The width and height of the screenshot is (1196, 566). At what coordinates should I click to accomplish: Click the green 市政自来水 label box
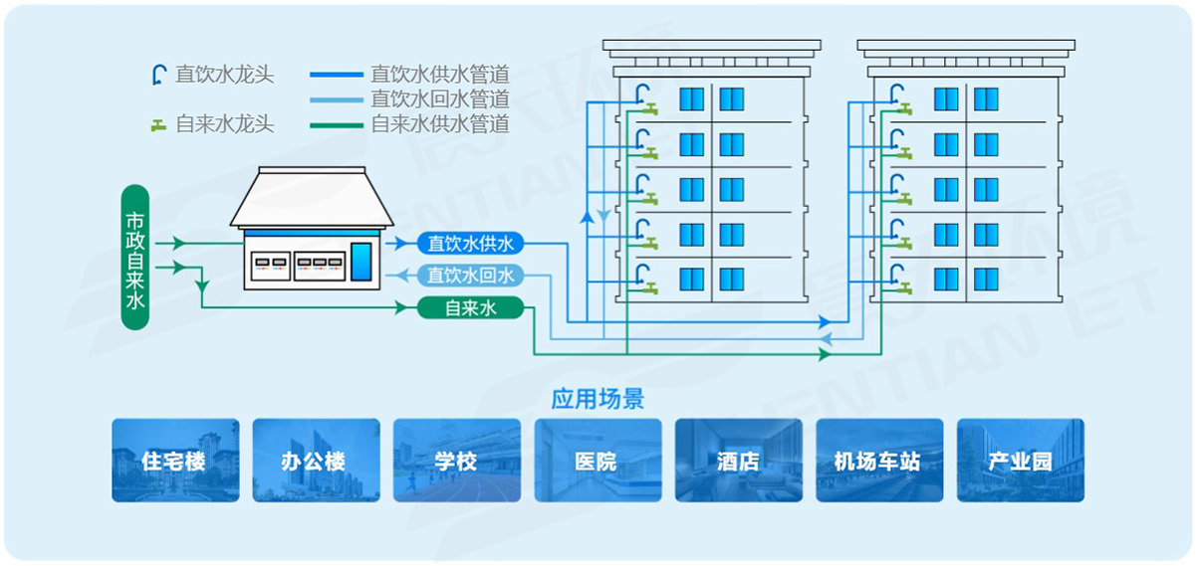tap(134, 258)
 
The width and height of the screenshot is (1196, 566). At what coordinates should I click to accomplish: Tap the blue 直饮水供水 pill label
tap(470, 243)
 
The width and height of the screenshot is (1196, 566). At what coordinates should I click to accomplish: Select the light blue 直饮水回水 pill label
tap(470, 276)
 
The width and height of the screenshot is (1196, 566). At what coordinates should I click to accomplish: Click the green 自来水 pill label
tap(470, 308)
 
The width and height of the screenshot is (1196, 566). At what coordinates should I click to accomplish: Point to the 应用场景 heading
tap(598, 400)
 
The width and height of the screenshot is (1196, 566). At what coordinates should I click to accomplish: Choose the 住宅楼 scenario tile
tap(175, 461)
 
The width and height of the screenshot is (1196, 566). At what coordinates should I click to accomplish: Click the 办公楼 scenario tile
tap(316, 461)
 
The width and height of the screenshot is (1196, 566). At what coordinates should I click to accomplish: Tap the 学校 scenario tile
tap(456, 461)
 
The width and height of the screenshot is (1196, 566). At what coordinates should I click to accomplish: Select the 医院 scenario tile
tap(598, 461)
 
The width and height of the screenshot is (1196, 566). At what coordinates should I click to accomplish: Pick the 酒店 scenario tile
tap(738, 461)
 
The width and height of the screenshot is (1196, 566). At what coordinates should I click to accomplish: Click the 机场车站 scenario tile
tap(878, 461)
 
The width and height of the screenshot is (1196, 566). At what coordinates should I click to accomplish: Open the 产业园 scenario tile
tap(1020, 461)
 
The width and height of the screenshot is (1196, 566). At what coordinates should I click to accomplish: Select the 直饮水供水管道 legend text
tap(439, 75)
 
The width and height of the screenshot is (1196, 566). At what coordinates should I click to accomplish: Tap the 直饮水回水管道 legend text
tap(439, 99)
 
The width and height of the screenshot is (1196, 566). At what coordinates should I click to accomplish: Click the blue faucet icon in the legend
tap(157, 74)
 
